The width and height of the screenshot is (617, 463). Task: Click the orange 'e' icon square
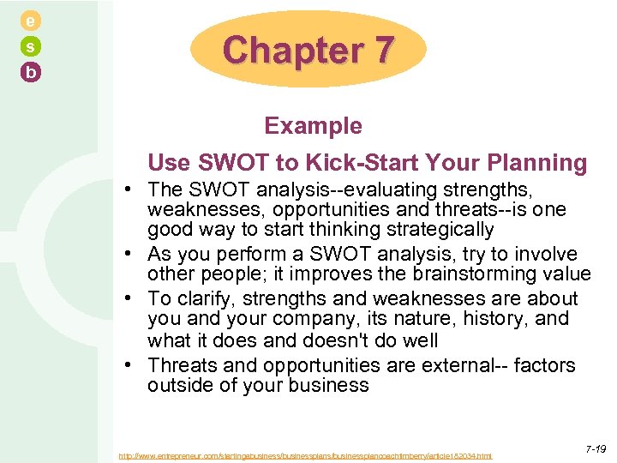tap(31, 18)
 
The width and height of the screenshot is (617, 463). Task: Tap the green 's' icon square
tap(31, 45)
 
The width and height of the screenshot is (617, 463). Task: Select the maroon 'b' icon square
tap(31, 73)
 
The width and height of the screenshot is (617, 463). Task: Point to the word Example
tap(313, 126)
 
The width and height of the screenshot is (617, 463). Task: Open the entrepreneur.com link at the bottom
tap(305, 455)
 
